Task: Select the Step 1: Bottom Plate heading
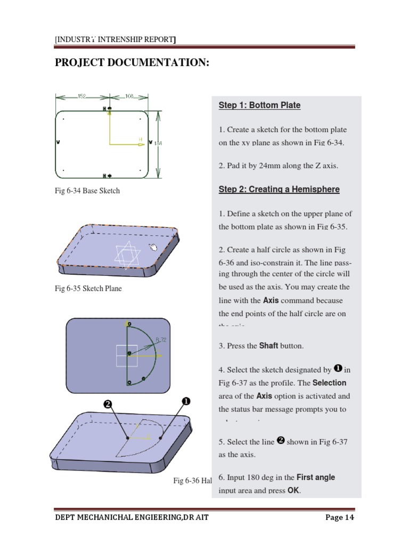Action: tap(259, 105)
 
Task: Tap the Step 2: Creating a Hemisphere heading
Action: tap(279, 189)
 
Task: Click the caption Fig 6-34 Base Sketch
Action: tap(87, 191)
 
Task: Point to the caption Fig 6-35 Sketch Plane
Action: tap(88, 289)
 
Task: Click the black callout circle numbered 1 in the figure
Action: tap(186, 401)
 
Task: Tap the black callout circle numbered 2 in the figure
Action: tap(107, 404)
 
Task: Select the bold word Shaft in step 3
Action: tap(268, 346)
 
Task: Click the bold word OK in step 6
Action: tap(293, 491)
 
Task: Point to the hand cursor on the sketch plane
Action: tap(153, 247)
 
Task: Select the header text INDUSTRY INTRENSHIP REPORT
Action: tap(116, 39)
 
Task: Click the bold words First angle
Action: tap(316, 477)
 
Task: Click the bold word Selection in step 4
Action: tap(329, 383)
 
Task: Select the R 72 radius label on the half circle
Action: tap(161, 340)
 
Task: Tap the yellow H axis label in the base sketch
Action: tap(141, 139)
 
